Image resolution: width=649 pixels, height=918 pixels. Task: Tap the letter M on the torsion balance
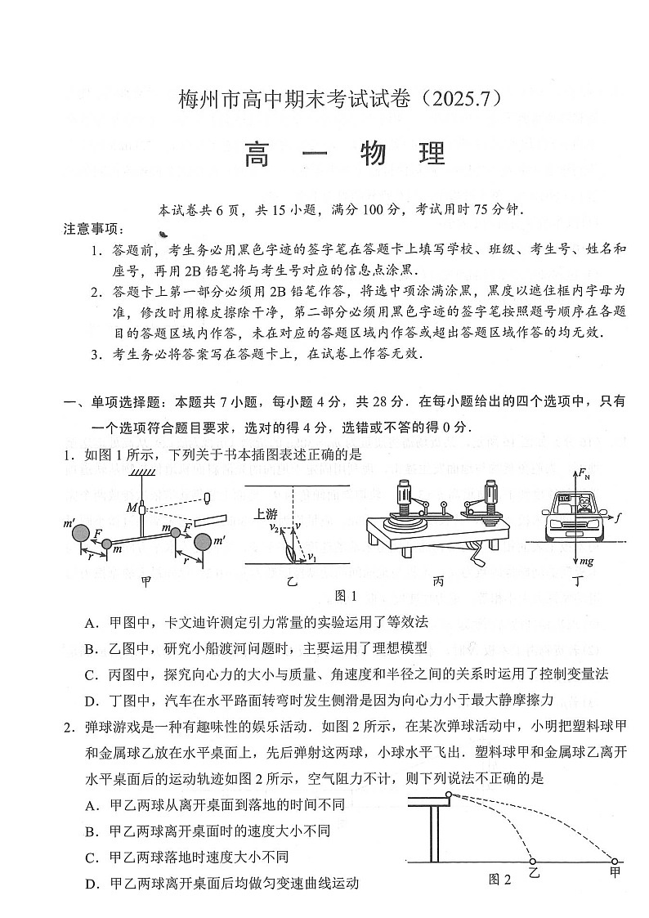pyautogui.click(x=131, y=508)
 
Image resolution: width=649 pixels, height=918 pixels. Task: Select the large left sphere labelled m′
pyautogui.click(x=82, y=535)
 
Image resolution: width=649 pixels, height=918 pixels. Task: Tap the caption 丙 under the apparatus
pyautogui.click(x=439, y=581)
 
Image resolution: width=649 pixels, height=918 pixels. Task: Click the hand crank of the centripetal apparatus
pyautogui.click(x=473, y=559)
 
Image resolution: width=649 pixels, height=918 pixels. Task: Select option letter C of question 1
pyautogui.click(x=91, y=674)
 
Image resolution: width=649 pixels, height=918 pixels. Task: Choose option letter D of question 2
pyautogui.click(x=91, y=884)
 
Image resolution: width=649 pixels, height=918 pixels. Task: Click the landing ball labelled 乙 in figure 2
pyautogui.click(x=533, y=861)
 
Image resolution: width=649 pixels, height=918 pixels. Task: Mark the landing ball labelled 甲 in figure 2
pyautogui.click(x=615, y=861)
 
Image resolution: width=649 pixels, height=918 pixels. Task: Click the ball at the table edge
pyautogui.click(x=449, y=795)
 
